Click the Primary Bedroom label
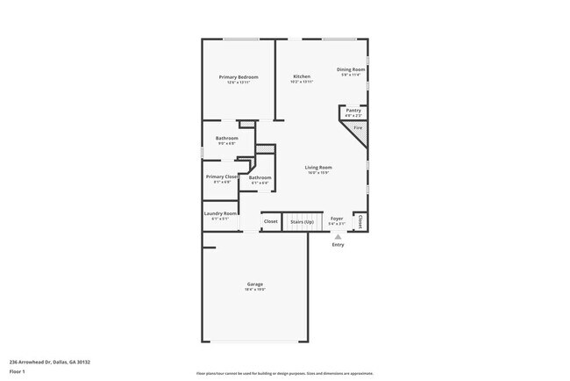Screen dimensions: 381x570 coord(239,77)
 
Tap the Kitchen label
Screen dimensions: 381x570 coord(302,77)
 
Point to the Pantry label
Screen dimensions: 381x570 coord(353,111)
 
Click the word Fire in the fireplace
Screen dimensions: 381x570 coord(358,129)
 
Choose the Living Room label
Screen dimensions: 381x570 coord(317,167)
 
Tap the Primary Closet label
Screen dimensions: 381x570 coord(222,177)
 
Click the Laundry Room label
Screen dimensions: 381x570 coord(220,213)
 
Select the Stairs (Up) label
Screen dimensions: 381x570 coord(302,221)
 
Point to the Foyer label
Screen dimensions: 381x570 coord(337,218)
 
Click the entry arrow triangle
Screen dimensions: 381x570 coord(338,236)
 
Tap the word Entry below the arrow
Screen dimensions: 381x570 coord(338,245)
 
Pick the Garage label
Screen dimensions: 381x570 coord(254,284)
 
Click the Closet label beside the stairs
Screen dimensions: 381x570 coord(271,221)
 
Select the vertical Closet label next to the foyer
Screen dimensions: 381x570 coord(360,220)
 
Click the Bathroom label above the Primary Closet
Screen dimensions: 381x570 coord(227,138)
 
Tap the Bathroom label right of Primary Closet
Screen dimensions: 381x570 coord(260,178)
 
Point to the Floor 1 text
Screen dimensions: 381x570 coord(18,371)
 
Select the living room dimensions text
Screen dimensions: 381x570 coord(317,173)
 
